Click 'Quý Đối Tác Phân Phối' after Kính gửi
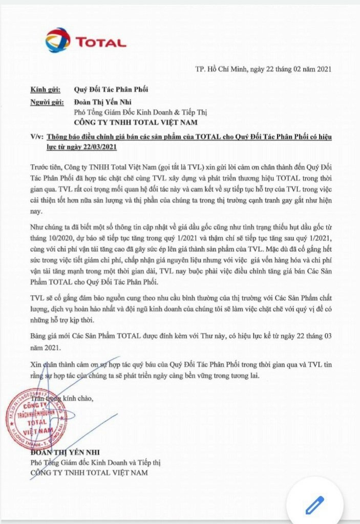coord(111,90)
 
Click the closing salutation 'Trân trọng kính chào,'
coord(62,397)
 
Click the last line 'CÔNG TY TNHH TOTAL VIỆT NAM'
coord(90,473)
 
